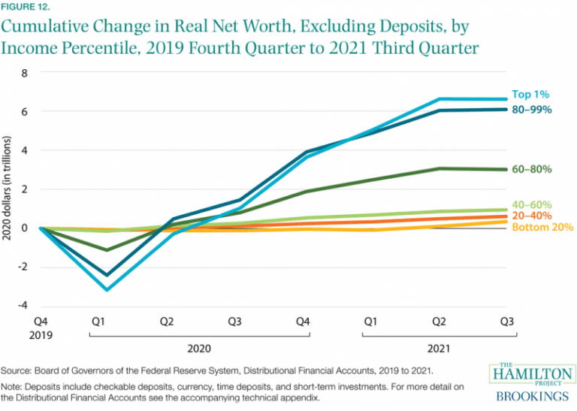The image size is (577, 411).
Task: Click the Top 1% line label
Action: [x=531, y=95]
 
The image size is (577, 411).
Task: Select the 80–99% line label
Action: [x=533, y=110]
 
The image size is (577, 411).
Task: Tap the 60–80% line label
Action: [x=533, y=170]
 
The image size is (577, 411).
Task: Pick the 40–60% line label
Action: [x=533, y=204]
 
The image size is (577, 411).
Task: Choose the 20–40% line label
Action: [x=533, y=216]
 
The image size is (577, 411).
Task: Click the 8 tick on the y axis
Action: [x=23, y=74]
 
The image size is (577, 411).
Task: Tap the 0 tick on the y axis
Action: [x=23, y=228]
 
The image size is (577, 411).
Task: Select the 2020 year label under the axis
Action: [x=200, y=349]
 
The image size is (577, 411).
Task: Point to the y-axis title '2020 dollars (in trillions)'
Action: [x=8, y=189]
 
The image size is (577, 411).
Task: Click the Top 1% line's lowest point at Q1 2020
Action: [x=107, y=289]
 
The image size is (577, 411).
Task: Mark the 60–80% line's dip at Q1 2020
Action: [x=107, y=249]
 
